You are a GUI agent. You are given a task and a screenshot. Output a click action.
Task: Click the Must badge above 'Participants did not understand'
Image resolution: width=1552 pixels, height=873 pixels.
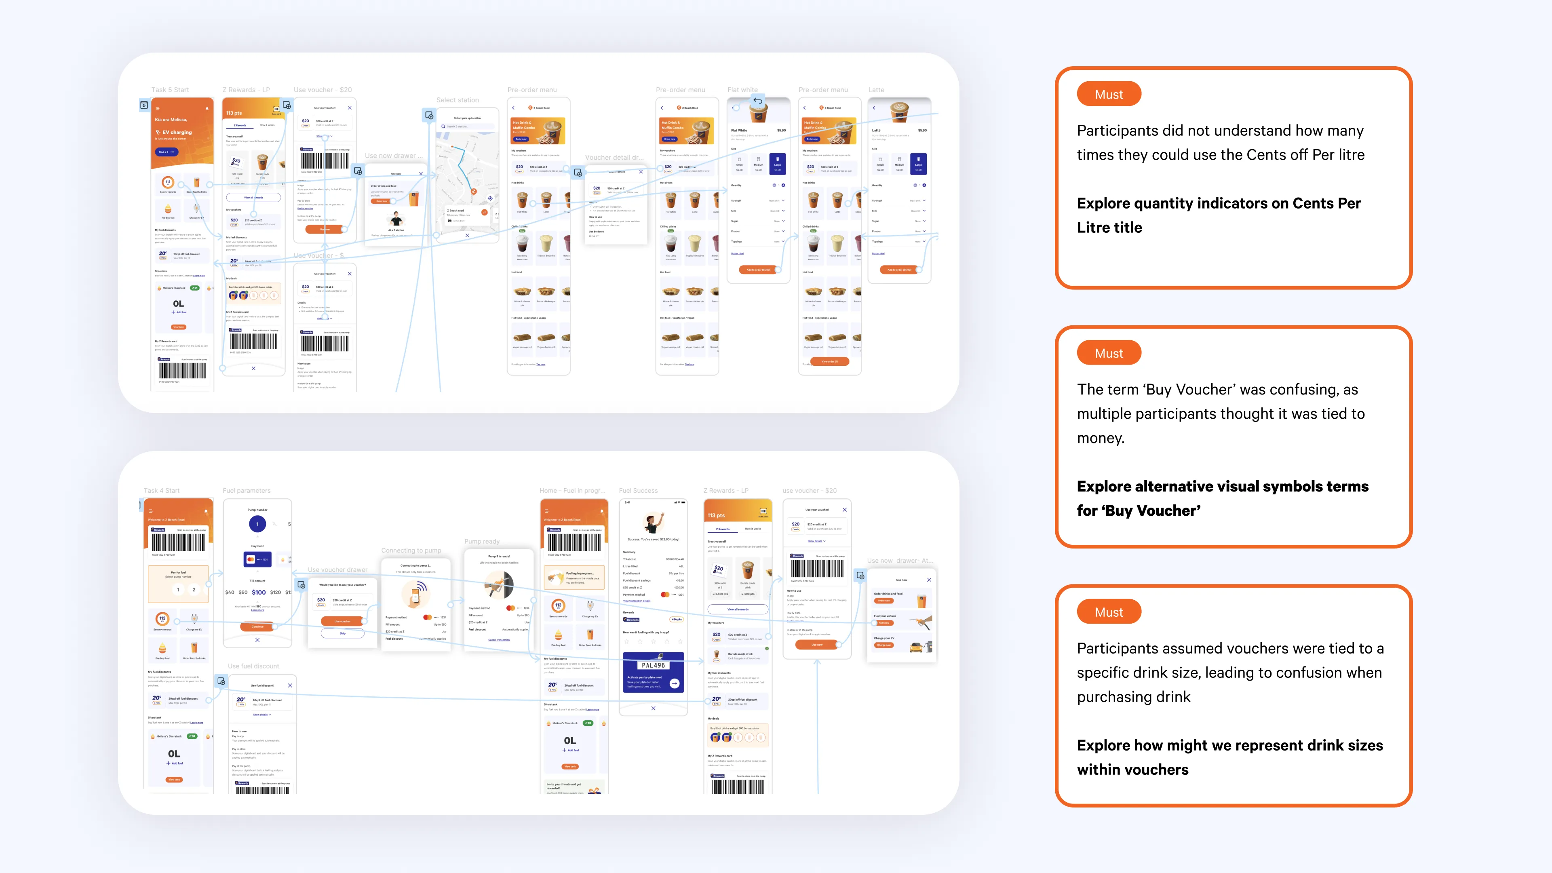point(1109,95)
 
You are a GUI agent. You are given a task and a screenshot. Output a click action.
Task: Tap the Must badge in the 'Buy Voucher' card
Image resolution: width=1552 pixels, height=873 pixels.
point(1109,354)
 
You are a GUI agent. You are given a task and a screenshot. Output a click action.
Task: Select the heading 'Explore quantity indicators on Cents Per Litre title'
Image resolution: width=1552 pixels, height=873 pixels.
point(1218,215)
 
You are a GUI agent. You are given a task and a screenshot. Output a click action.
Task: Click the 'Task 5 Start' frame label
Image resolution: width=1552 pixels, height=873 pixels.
point(170,90)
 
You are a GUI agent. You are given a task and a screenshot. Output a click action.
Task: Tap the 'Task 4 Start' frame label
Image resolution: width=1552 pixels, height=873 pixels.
point(162,490)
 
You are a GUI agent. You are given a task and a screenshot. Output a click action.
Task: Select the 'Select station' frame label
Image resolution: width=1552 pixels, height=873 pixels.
point(457,100)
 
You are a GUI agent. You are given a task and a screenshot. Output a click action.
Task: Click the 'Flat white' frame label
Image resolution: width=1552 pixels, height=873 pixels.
point(742,90)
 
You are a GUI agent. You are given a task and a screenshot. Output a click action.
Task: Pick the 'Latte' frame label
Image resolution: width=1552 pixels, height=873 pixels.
point(876,90)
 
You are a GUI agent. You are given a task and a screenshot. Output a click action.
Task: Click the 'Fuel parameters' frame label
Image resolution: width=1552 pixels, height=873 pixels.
point(247,490)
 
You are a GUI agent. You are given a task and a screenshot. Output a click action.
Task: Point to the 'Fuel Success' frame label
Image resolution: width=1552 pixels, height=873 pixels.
point(638,490)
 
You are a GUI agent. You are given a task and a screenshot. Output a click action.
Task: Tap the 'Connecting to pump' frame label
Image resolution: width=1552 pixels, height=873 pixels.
point(411,550)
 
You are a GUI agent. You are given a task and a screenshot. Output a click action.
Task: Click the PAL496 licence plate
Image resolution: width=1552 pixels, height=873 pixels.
point(653,665)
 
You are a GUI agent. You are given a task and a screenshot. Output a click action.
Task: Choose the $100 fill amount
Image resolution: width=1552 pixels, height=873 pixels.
point(259,592)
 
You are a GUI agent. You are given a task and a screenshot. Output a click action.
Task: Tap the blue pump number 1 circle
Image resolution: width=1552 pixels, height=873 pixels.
point(257,524)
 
